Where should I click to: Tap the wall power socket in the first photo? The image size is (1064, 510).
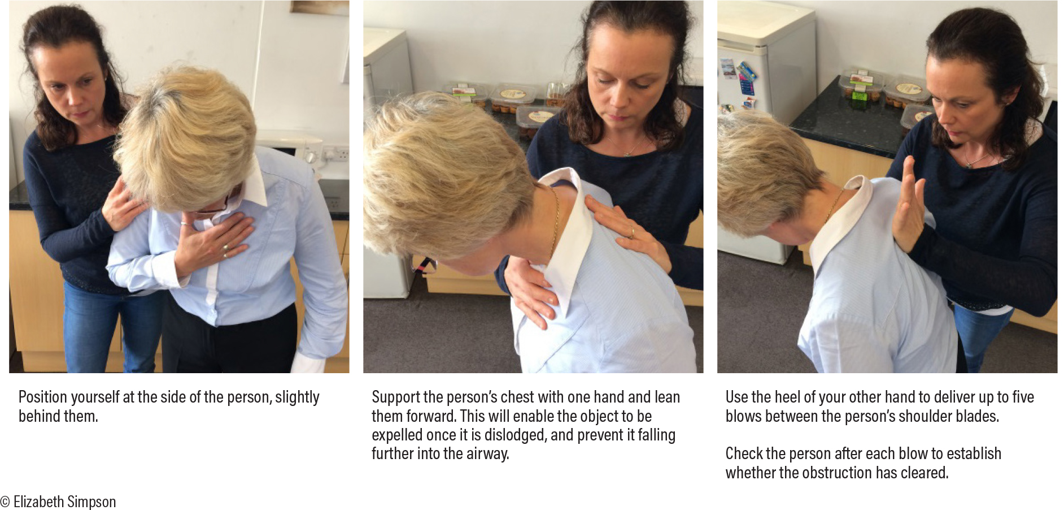coord(335,154)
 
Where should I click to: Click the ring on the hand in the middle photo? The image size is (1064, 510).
coord(632,232)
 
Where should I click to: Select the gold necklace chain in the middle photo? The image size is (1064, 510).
coord(555,221)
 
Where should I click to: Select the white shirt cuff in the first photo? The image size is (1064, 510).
coord(308,362)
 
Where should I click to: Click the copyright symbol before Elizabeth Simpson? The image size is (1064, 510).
coord(5,502)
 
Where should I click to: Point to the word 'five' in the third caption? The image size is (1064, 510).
coord(1022,397)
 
